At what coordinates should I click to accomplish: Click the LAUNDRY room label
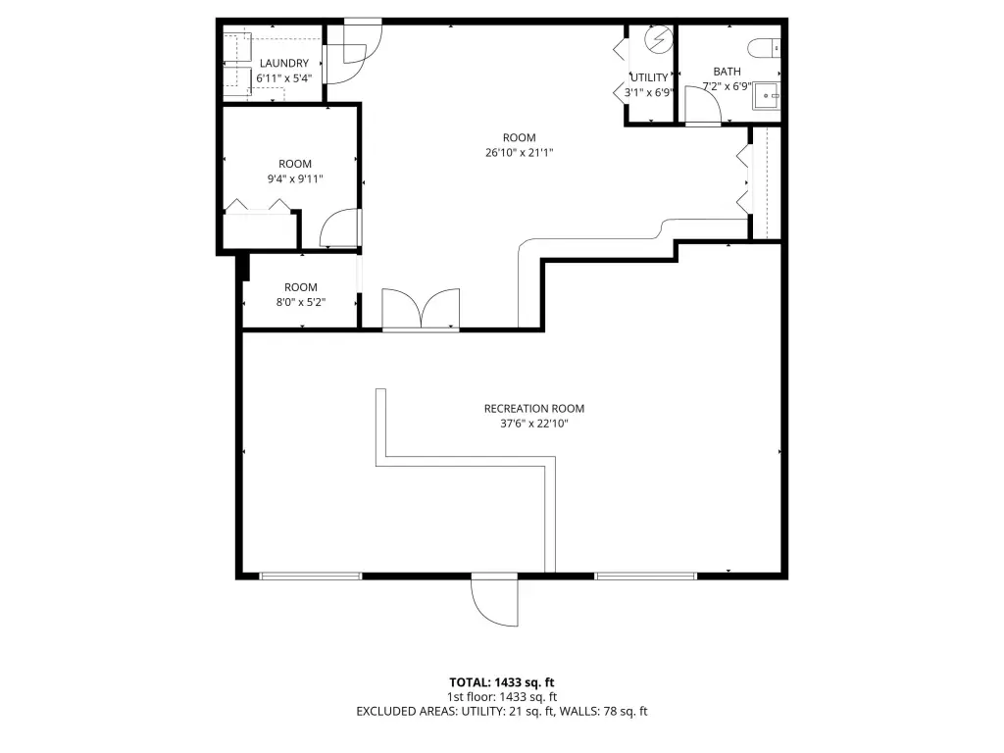(283, 63)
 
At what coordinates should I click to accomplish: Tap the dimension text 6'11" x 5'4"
(283, 78)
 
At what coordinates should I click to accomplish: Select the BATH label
(727, 71)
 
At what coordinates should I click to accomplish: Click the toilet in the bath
(764, 47)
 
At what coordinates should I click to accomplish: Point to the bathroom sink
(766, 95)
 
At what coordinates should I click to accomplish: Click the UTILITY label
(649, 77)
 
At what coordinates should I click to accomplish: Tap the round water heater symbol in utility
(658, 39)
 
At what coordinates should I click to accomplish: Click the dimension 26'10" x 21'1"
(520, 152)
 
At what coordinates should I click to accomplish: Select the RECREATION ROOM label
(534, 408)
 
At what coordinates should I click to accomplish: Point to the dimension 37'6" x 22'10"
(534, 424)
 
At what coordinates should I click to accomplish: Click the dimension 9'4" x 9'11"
(295, 178)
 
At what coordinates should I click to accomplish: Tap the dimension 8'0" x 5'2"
(301, 302)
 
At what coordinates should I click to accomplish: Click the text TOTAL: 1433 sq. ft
(501, 682)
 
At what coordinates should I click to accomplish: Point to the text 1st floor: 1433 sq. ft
(501, 697)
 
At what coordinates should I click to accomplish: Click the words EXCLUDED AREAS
(406, 712)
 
